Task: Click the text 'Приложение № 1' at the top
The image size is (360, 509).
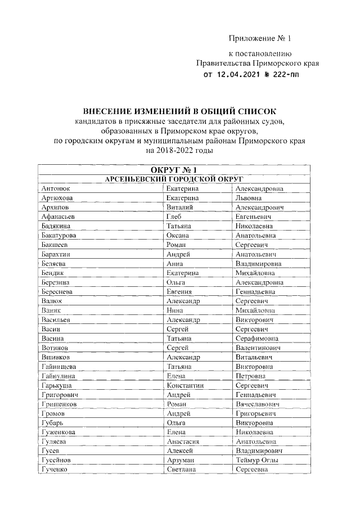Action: (260, 39)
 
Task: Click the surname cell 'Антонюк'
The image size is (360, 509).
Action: (56, 189)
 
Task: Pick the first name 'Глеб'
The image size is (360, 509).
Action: (174, 216)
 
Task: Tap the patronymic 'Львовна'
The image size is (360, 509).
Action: (249, 198)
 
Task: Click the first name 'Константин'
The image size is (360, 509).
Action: (185, 386)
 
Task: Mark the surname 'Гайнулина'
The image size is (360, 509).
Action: (59, 376)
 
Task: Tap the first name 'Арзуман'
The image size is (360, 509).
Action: (180, 460)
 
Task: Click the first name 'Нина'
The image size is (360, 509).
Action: (174, 310)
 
